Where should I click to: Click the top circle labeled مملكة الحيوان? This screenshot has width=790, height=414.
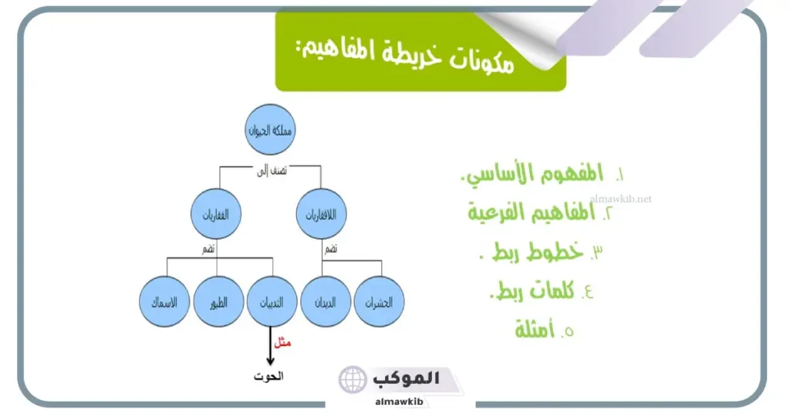tap(271, 129)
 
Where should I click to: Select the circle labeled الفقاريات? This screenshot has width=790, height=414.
tap(217, 214)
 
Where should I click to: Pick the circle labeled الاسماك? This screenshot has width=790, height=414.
tap(165, 301)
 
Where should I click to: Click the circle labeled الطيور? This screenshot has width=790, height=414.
tap(219, 301)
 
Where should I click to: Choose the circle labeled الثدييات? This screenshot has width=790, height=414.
tap(272, 301)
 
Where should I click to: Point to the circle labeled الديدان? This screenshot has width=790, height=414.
tap(326, 301)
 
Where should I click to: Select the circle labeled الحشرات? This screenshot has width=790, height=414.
tap(380, 301)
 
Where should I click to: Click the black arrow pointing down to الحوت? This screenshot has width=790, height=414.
tap(270, 346)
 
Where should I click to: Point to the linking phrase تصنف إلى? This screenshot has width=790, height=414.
tap(271, 171)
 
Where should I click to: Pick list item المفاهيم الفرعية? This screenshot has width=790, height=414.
tap(540, 212)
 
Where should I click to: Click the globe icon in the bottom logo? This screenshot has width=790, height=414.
tap(354, 380)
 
